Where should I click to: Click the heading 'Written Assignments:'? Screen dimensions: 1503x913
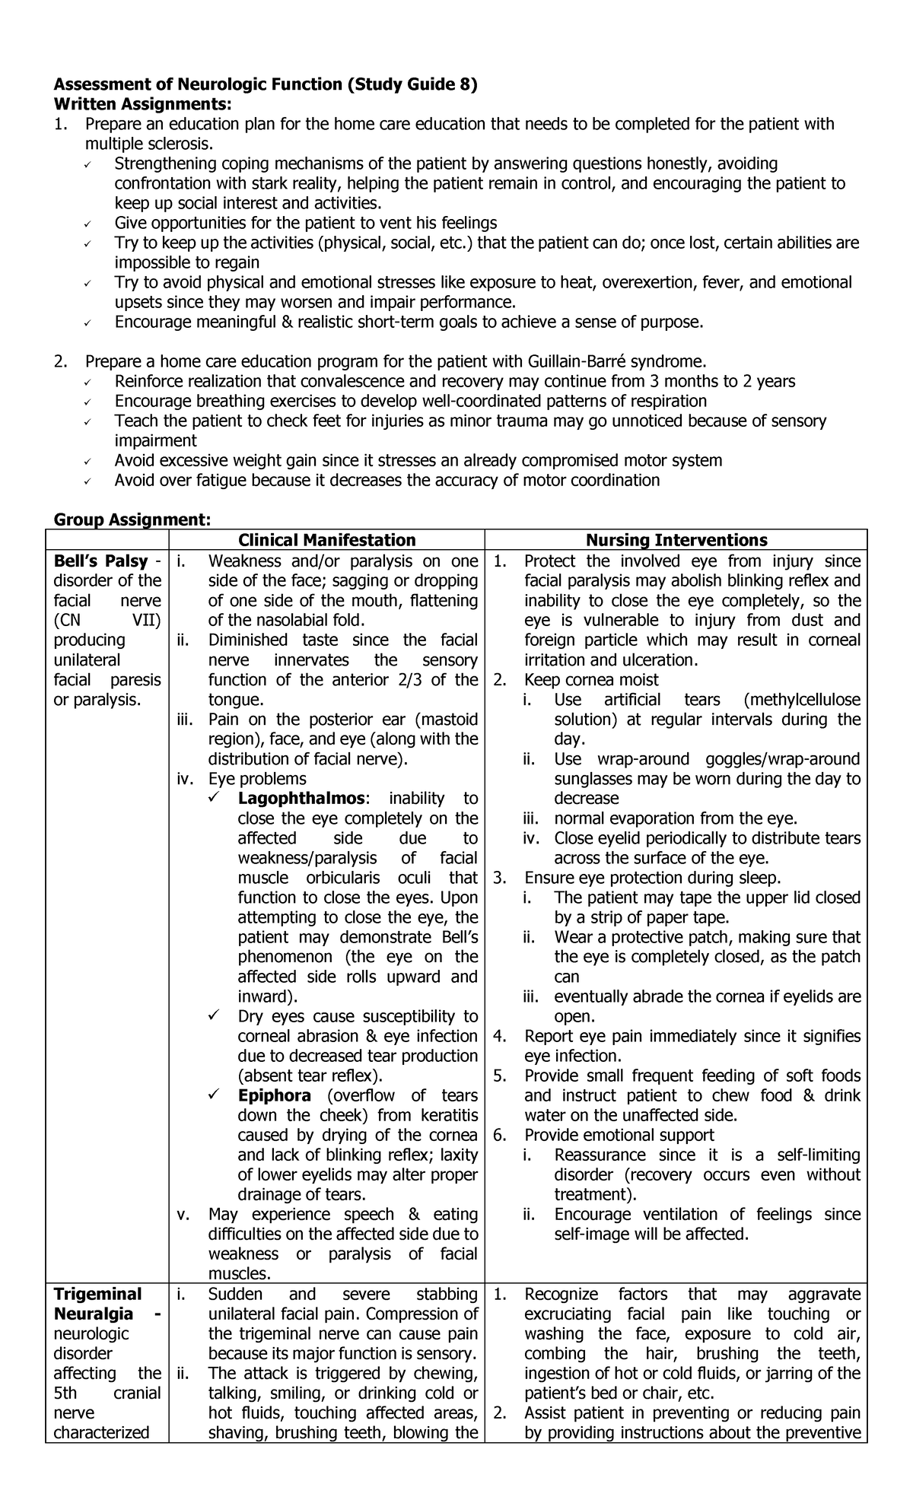coord(142,104)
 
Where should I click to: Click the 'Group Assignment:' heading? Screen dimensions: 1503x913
coord(132,520)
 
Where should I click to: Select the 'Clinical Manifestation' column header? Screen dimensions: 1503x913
coord(327,540)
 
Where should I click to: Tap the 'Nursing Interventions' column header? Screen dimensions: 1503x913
coord(676,540)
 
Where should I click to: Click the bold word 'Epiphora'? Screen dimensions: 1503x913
coord(274,1095)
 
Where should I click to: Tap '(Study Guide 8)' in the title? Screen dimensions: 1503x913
coord(412,84)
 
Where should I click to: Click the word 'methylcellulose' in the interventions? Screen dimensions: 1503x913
coord(805,700)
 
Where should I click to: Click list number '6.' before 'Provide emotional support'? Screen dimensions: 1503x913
coord(500,1135)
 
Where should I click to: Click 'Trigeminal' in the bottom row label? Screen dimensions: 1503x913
coord(97,1295)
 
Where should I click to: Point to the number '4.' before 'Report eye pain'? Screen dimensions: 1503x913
coord(500,1036)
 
